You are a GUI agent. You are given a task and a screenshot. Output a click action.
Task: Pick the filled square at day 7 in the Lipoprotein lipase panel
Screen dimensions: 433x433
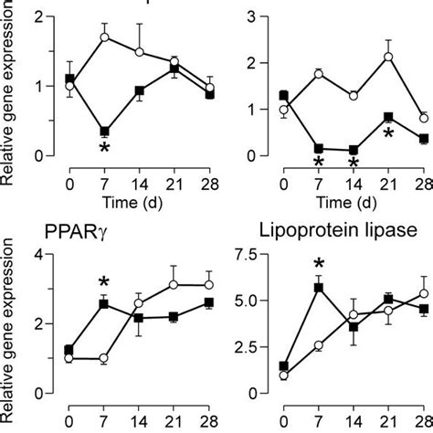pyautogui.click(x=319, y=288)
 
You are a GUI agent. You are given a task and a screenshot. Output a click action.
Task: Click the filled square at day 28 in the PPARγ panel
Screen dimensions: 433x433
pyautogui.click(x=212, y=302)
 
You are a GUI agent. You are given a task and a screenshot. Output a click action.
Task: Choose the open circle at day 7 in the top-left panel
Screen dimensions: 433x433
pyautogui.click(x=104, y=37)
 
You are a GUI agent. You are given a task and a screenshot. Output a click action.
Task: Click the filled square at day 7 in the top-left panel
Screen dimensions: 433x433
pyautogui.click(x=104, y=132)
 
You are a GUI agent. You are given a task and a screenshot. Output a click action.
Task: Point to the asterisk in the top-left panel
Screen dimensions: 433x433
pyautogui.click(x=104, y=149)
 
